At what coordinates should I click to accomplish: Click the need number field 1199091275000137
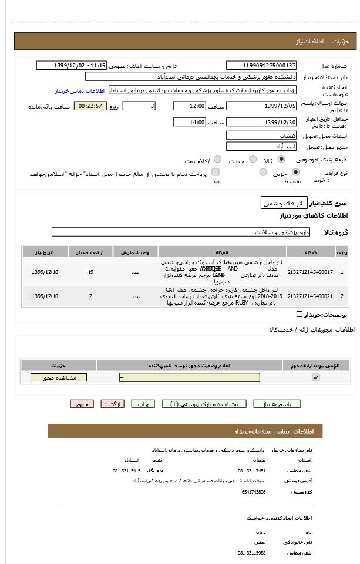tap(261, 65)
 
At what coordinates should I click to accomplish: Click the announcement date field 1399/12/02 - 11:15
tap(71, 65)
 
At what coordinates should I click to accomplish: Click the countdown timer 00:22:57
tap(90, 106)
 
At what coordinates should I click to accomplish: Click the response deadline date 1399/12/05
tap(261, 106)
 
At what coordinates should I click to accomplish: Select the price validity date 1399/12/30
tap(261, 122)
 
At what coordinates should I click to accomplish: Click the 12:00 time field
tap(189, 106)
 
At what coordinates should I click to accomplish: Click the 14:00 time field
tap(189, 122)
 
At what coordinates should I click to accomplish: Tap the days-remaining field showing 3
tap(139, 106)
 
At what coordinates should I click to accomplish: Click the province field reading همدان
tap(261, 136)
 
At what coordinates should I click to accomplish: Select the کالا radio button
tap(281, 159)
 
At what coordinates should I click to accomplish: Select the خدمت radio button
tap(253, 159)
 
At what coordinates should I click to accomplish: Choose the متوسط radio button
tap(263, 172)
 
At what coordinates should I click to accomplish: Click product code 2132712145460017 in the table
tap(310, 272)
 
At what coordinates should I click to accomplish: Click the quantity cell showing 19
tap(90, 272)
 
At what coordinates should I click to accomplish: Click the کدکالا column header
tap(310, 252)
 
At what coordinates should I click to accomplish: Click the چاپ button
tap(143, 404)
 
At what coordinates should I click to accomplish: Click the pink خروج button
tap(82, 404)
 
